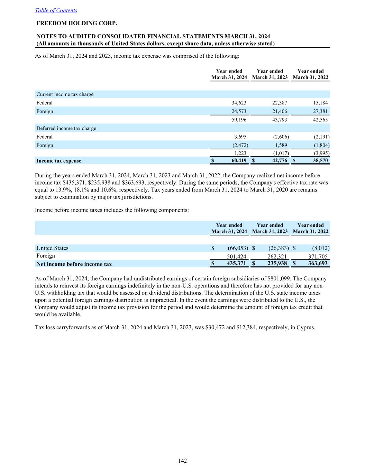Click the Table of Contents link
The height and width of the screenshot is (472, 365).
[x=56, y=10]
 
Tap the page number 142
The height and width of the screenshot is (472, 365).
[x=183, y=461]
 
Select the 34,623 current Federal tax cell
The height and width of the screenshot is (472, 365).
[x=239, y=103]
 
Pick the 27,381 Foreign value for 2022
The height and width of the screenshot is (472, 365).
[x=320, y=111]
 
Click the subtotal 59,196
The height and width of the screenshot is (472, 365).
[x=239, y=120]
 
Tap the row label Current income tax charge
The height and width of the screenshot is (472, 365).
[x=65, y=94]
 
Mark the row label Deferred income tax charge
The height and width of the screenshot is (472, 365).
[x=66, y=128]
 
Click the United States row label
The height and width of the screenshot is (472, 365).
[x=53, y=248]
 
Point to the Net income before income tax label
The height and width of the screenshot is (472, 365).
[x=74, y=264]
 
